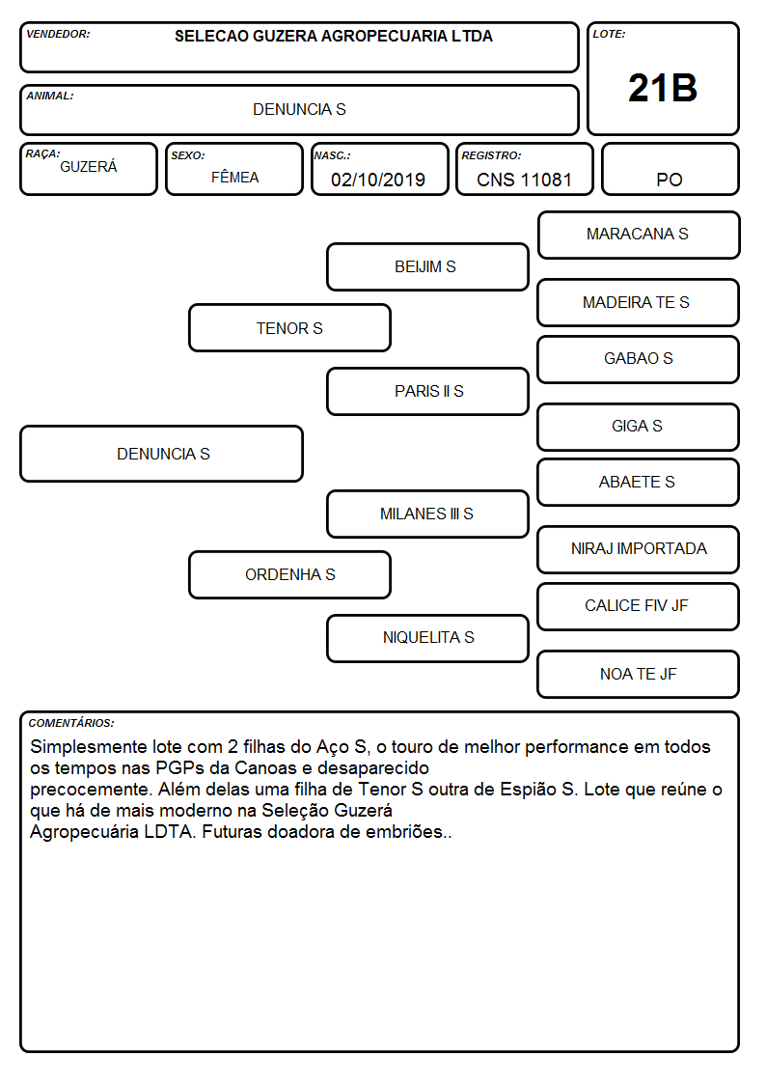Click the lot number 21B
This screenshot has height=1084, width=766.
pos(663,89)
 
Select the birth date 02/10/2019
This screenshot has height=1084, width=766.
pos(378,180)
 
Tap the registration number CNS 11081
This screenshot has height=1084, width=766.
pos(524,180)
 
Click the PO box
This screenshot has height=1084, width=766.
pos(670,169)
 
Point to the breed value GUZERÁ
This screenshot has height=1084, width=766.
pos(89,167)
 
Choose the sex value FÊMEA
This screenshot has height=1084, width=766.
pos(234,177)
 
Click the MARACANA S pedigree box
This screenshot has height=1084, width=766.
pos(639,236)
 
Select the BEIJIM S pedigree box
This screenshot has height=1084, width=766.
pos(427,266)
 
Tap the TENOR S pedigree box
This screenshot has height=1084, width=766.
pos(289,328)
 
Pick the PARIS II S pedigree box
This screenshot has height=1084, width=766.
pos(427,391)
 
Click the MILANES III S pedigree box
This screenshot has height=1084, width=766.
pos(427,514)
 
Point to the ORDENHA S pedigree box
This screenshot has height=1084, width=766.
pos(289,574)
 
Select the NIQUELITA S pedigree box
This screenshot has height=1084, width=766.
pos(427,638)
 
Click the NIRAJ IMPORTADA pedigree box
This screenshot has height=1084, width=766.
pos(639,549)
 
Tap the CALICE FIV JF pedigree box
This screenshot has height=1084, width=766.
pos(639,606)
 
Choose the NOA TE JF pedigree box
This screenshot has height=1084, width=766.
pos(639,674)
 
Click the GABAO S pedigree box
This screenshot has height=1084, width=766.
pos(639,359)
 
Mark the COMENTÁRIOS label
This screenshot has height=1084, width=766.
pos(71,723)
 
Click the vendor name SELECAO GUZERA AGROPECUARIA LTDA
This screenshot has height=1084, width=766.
pos(334,36)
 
